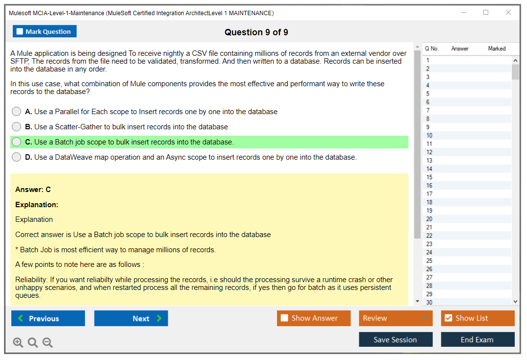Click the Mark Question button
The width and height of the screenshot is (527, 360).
[x=45, y=31]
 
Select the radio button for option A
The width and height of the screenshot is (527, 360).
[x=17, y=111]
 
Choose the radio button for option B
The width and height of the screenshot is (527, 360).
[x=17, y=126]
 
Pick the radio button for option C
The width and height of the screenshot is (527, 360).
[x=17, y=142]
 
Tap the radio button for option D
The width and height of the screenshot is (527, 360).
[x=17, y=157]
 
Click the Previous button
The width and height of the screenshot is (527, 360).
[x=48, y=318]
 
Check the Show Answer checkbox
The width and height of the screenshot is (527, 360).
[x=284, y=318]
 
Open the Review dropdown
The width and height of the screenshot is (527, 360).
[x=396, y=318]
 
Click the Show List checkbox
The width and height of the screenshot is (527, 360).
[x=449, y=318]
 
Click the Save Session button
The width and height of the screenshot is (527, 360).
[x=396, y=339]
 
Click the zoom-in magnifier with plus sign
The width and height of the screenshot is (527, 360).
[x=18, y=342]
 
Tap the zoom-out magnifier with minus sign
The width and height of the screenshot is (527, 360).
[x=48, y=342]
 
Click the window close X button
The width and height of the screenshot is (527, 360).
[x=508, y=12]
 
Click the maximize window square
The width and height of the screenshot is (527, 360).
[x=486, y=12]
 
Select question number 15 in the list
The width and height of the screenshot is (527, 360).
[x=429, y=177]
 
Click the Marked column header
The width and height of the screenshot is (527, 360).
[x=497, y=48]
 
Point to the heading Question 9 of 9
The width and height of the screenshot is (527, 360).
[x=256, y=32]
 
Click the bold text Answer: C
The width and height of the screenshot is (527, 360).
[x=33, y=190]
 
